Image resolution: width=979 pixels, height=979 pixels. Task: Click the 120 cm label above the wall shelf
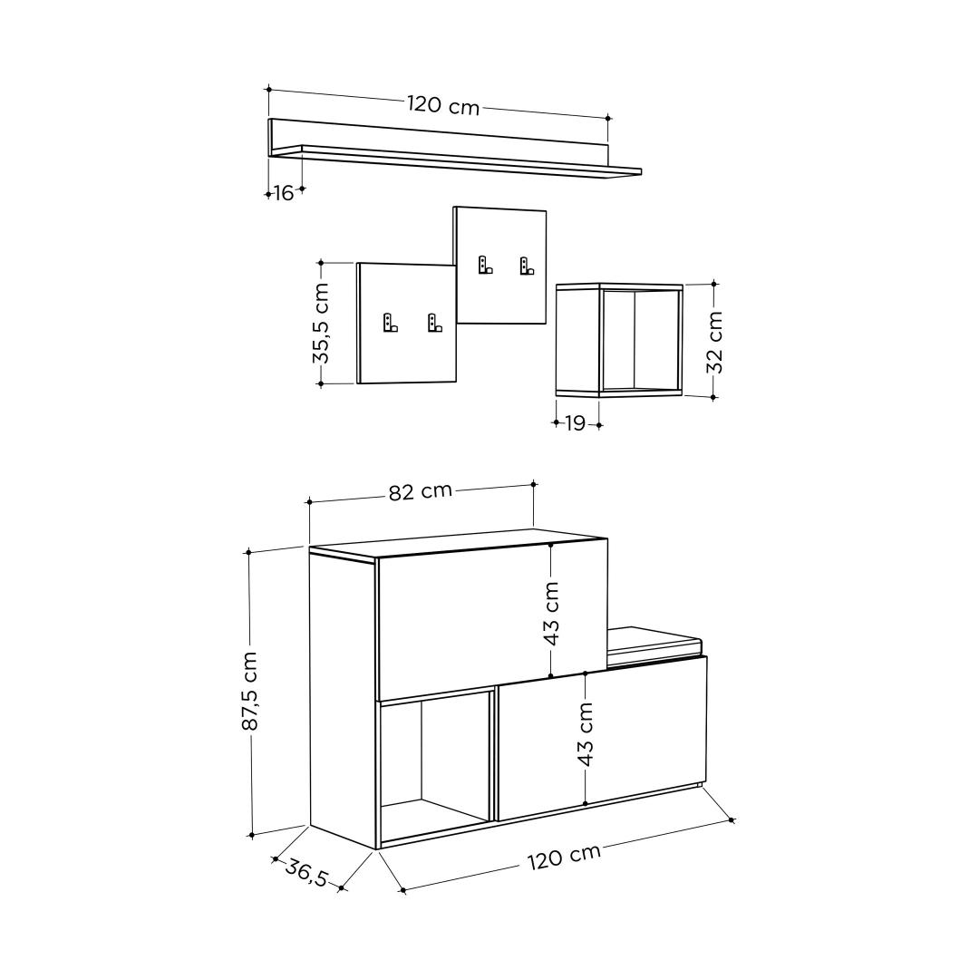coord(443,105)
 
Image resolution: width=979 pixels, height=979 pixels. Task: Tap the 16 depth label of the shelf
coord(284,194)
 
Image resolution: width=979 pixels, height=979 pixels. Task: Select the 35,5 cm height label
coord(321,323)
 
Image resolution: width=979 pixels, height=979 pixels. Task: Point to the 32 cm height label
coord(714,341)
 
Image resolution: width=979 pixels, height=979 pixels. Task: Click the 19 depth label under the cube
coord(576,423)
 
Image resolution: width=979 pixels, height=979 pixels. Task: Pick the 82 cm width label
coord(421,491)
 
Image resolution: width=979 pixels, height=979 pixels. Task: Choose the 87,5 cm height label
coord(250,691)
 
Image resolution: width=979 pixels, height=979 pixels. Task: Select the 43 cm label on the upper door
coord(551,614)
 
